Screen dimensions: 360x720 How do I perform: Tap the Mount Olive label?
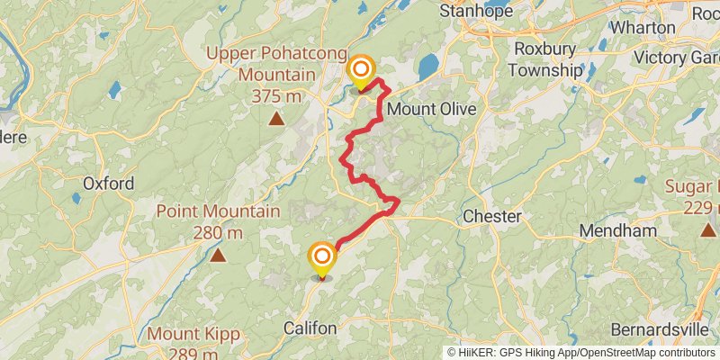click(x=431, y=109)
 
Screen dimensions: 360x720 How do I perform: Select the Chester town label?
click(x=491, y=217)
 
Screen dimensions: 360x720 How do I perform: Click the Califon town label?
click(x=310, y=328)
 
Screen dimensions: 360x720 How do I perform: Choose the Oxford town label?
click(x=109, y=184)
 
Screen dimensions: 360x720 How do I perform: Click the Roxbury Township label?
click(x=545, y=59)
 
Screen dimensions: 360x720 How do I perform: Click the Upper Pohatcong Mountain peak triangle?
click(x=277, y=118)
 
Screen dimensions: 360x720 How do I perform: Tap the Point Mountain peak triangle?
click(x=218, y=256)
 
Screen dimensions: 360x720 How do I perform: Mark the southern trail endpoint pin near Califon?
click(x=321, y=258)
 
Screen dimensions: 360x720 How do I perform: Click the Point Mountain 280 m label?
click(x=218, y=222)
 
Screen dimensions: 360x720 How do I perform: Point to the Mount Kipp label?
click(x=193, y=335)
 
